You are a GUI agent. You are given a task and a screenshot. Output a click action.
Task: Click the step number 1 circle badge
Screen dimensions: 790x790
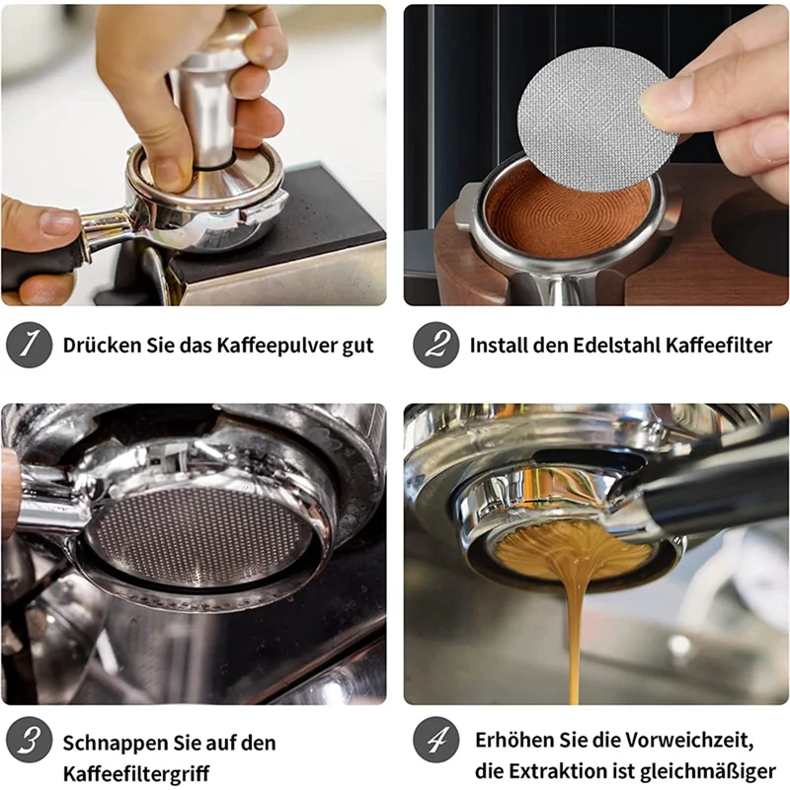tap(30, 346)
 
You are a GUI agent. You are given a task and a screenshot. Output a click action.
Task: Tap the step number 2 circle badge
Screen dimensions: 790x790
tap(435, 346)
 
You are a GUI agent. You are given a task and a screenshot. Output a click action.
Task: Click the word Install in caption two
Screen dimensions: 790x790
tap(501, 346)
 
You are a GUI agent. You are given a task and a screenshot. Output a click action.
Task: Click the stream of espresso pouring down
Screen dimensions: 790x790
tap(573, 632)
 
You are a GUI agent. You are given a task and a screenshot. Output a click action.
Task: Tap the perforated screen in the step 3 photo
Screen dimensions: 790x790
tap(197, 533)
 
